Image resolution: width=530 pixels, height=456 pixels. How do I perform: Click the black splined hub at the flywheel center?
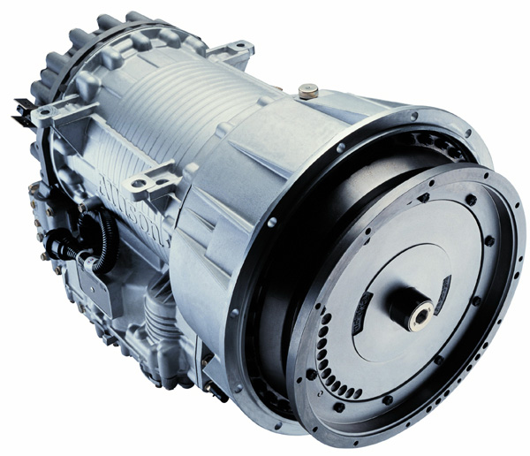click(x=408, y=305)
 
